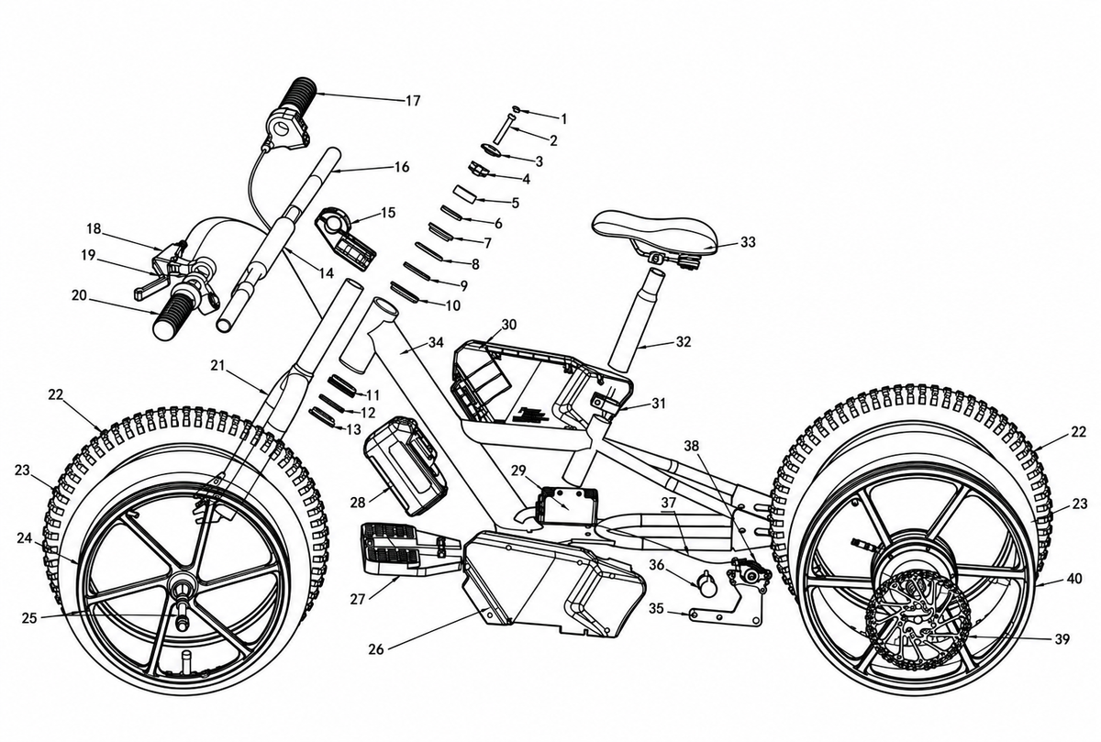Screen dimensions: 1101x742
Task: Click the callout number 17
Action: [x=413, y=100]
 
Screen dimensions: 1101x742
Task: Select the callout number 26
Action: [x=376, y=649]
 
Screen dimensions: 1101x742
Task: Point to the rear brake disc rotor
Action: [x=917, y=624]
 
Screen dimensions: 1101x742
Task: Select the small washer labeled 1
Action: [x=516, y=109]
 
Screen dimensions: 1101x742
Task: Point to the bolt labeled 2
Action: [x=504, y=128]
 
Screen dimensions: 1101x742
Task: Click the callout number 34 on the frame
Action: [x=436, y=342]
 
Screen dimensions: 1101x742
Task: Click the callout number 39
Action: [x=1062, y=638]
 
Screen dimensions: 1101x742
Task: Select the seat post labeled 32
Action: [x=636, y=317]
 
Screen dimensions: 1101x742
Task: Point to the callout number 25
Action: [x=29, y=618]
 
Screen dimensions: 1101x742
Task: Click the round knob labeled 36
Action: [x=706, y=585]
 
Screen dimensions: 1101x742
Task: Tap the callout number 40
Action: [x=1075, y=579]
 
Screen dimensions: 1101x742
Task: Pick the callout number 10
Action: [x=452, y=305]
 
